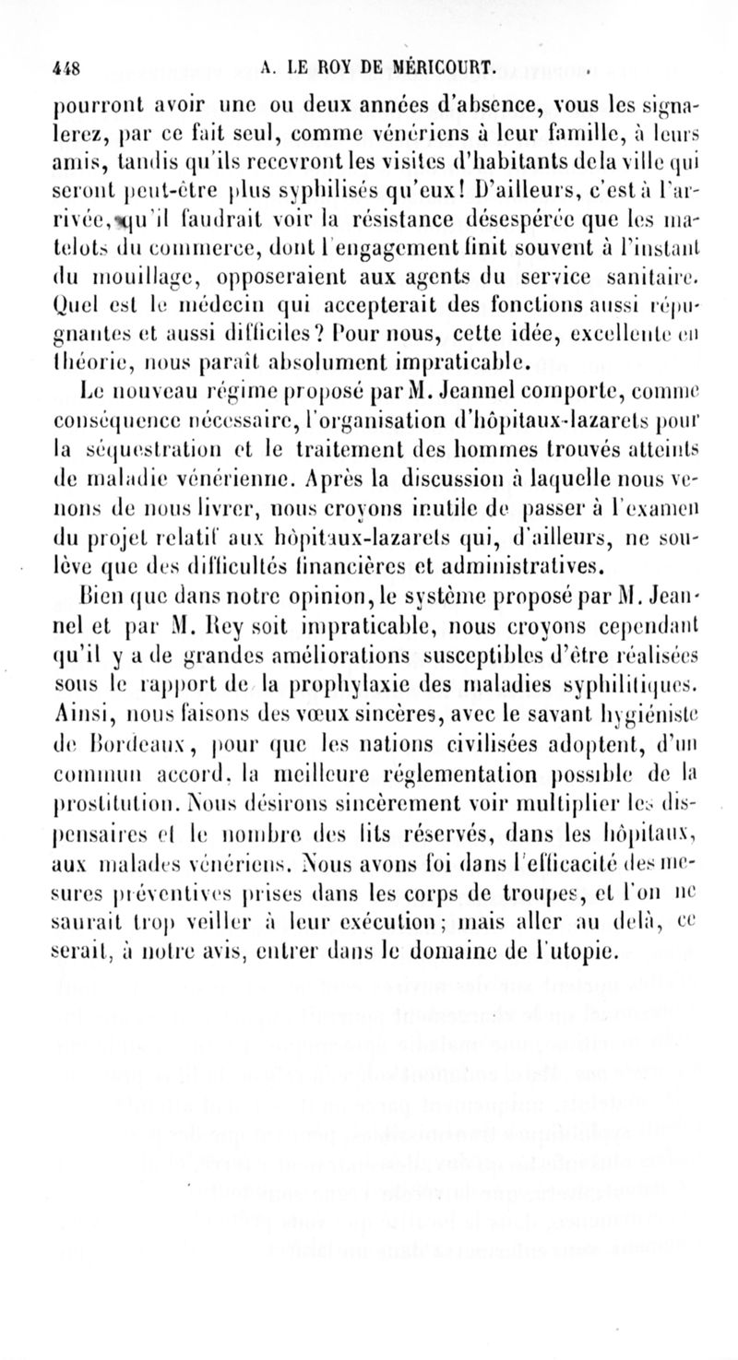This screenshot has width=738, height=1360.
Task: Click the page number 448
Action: pos(65,65)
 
